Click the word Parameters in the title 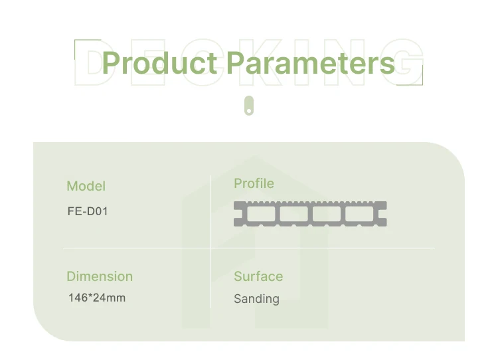[x=311, y=63]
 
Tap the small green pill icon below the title [x=249, y=106]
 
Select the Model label [x=86, y=186]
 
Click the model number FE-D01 [x=88, y=213]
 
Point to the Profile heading [x=254, y=183]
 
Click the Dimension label [x=100, y=276]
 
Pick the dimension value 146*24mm [x=97, y=298]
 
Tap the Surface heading [x=258, y=276]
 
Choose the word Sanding [x=256, y=299]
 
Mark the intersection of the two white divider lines [x=210, y=248]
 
